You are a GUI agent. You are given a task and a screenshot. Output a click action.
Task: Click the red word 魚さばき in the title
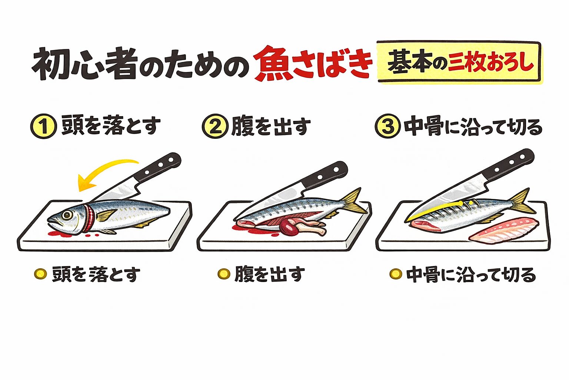(x=313, y=63)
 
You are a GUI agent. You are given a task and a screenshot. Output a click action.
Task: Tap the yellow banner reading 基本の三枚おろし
(x=459, y=63)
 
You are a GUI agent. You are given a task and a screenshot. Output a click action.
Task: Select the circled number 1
(x=43, y=127)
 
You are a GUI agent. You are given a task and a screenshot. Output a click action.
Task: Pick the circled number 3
(x=387, y=127)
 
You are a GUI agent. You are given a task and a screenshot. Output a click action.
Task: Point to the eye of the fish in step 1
(x=67, y=215)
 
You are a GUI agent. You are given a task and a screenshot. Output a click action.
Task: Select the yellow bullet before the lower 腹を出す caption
(x=223, y=274)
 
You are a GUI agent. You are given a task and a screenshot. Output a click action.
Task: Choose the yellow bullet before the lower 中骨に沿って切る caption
(x=395, y=274)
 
